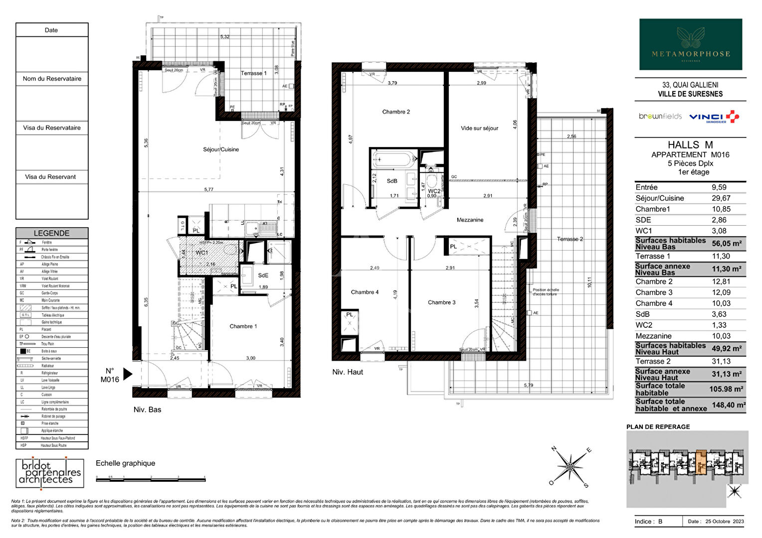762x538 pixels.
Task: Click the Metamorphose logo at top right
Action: [x=691, y=44]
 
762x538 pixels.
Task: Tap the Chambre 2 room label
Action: [x=396, y=112]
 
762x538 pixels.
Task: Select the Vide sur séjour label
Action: [x=479, y=128]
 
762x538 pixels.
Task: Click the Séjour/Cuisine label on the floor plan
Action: [x=221, y=149]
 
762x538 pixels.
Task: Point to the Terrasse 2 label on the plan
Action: [x=570, y=239]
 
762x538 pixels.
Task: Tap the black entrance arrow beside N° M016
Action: [x=128, y=374]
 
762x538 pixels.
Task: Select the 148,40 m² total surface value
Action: [x=728, y=405]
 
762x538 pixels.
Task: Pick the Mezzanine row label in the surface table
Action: [x=653, y=336]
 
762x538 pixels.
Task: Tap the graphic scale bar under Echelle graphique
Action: [x=150, y=479]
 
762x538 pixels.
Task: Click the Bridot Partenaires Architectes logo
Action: [x=49, y=472]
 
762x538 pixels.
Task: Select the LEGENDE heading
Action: [x=51, y=233]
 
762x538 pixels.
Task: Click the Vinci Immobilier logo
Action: [x=714, y=117]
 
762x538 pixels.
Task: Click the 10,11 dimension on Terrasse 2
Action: [x=589, y=282]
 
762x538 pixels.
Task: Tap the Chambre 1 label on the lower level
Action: [x=243, y=326]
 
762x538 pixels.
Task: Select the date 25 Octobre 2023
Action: [x=724, y=522]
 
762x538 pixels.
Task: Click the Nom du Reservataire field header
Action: [x=52, y=79]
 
